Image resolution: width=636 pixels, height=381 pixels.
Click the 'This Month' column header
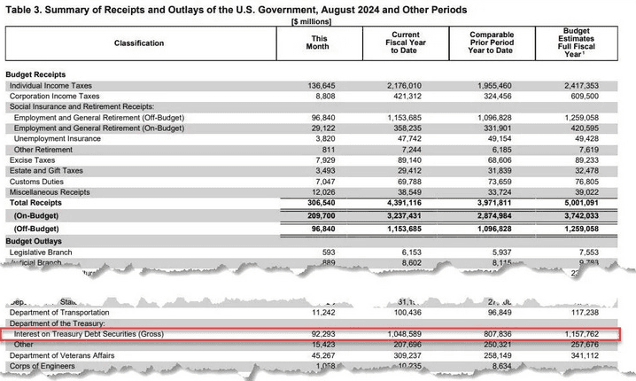coord(320,43)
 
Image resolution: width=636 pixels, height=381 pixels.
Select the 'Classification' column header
coord(138,43)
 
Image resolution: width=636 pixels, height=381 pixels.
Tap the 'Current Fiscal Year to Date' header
coord(405,43)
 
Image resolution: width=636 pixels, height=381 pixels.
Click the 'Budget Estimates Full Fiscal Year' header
coord(582,42)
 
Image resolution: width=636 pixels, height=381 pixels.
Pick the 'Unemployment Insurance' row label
coord(58,139)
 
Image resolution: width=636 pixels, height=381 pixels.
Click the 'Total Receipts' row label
coord(36,203)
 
